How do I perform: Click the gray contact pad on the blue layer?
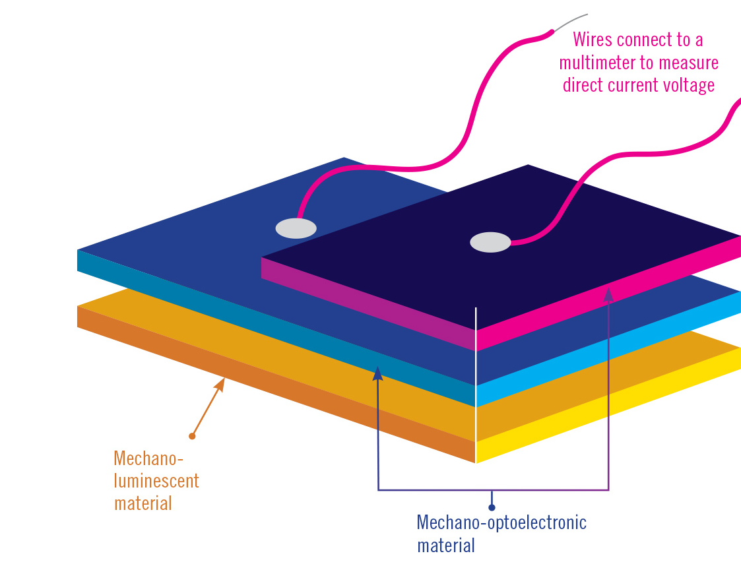296,228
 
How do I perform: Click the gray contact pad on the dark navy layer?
490,242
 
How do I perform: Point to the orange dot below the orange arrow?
192,436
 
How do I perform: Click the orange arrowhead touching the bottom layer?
221,383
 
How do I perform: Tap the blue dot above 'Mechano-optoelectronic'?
492,507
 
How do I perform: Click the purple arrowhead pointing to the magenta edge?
608,294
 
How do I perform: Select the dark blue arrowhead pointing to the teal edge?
378,373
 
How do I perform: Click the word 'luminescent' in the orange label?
156,480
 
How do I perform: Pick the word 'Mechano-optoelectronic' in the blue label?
501,523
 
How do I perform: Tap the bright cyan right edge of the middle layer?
607,350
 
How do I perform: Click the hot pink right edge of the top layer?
607,294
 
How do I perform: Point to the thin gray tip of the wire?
571,21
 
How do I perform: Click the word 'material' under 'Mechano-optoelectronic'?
446,546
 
